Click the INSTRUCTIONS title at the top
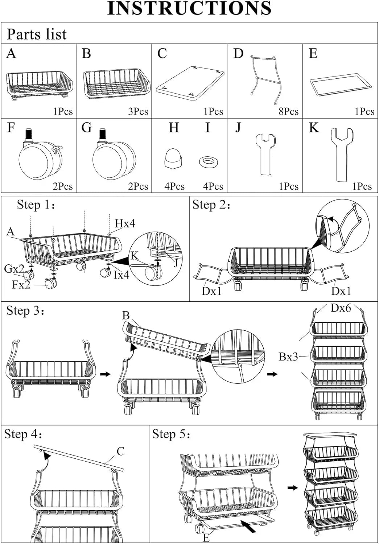click(x=189, y=8)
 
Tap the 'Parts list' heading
click(x=37, y=34)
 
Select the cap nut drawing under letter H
click(x=174, y=158)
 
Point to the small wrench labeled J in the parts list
click(x=265, y=154)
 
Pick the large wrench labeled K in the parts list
click(x=342, y=154)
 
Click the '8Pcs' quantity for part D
click(x=288, y=111)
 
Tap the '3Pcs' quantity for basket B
click(x=138, y=111)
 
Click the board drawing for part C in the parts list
click(x=190, y=84)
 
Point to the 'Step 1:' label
click(x=36, y=205)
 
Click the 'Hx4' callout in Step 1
click(x=125, y=223)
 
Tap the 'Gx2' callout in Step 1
click(x=14, y=269)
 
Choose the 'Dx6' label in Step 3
click(x=341, y=308)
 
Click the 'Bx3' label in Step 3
click(x=288, y=357)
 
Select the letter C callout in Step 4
click(x=121, y=452)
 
